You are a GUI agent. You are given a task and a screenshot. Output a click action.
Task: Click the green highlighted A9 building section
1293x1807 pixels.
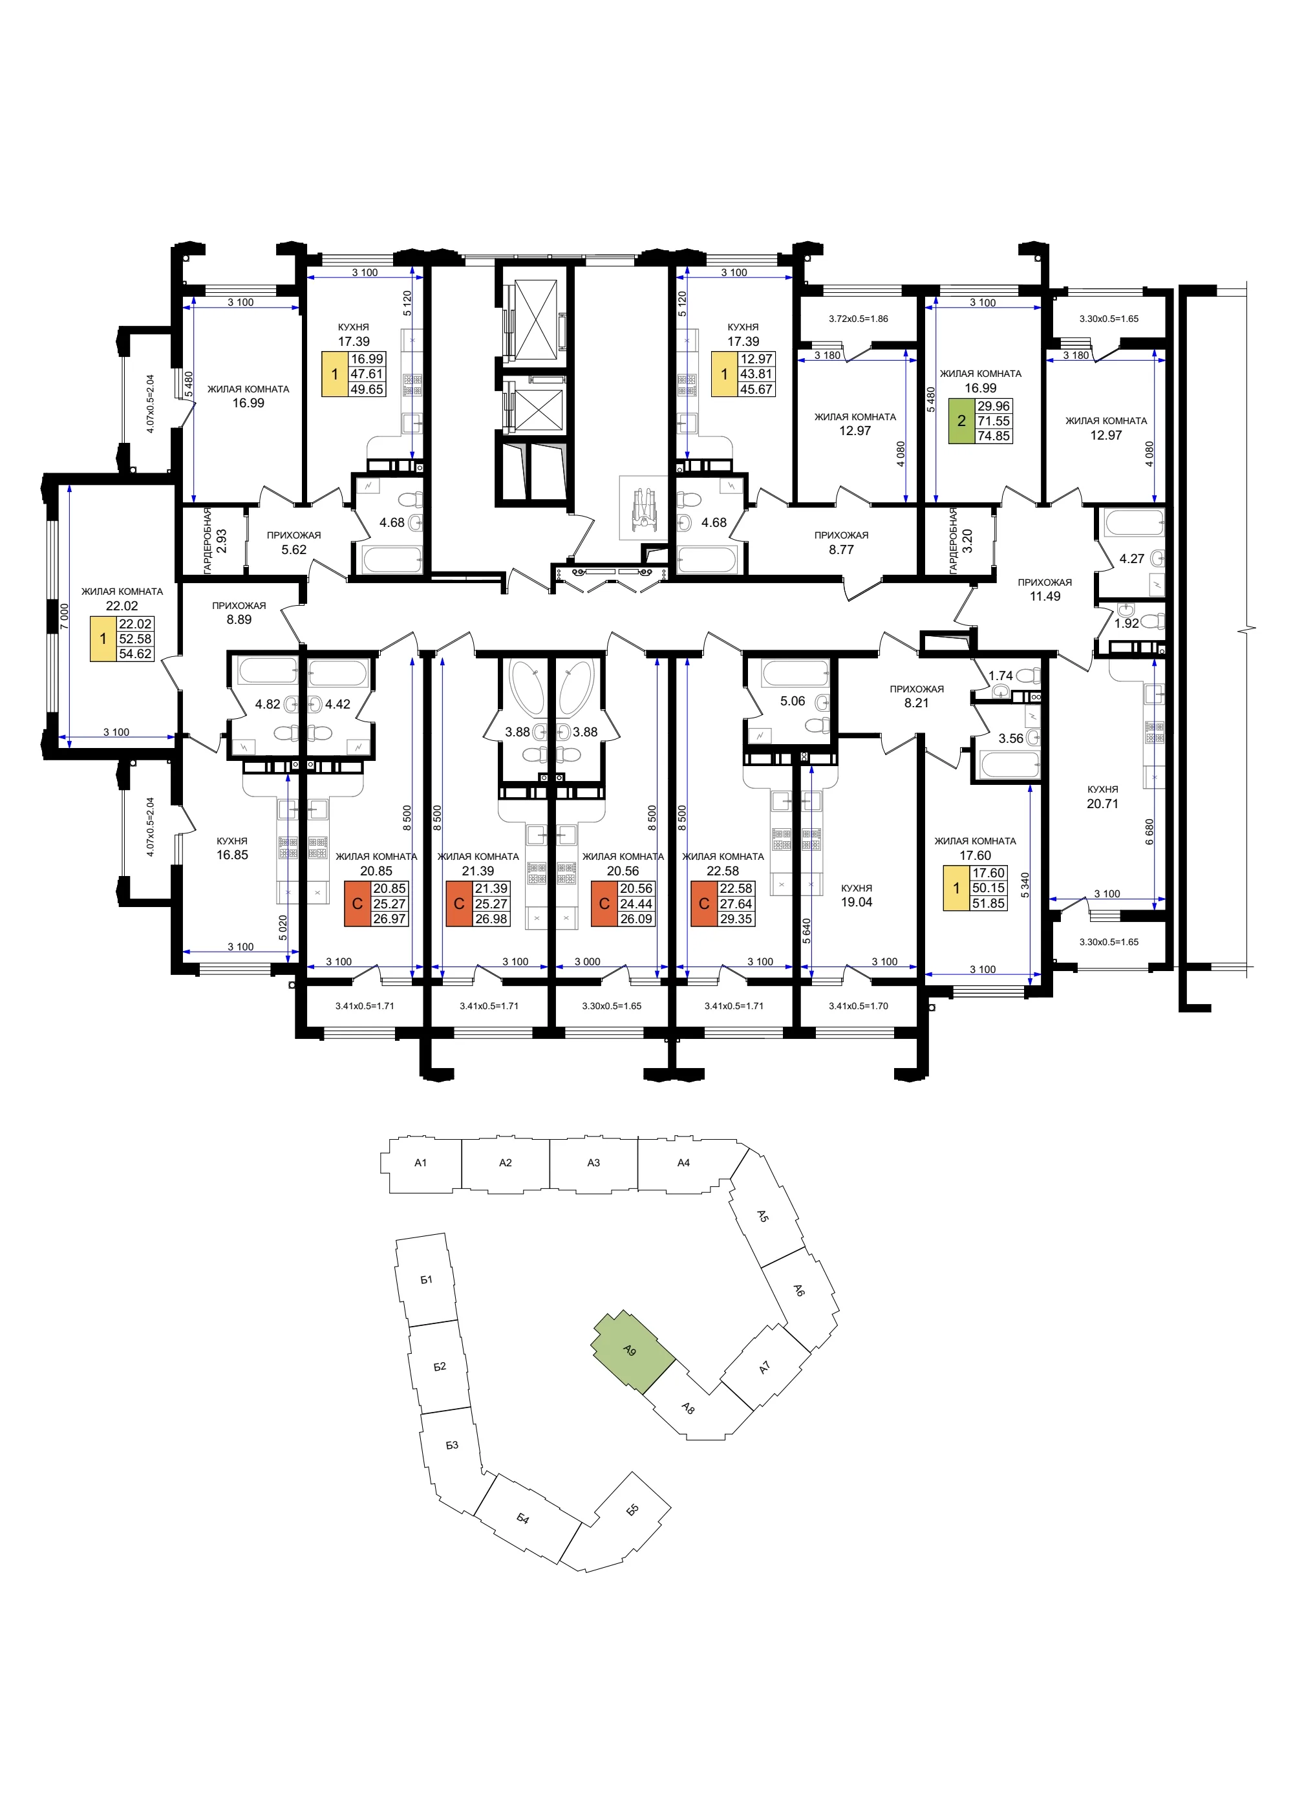632,1351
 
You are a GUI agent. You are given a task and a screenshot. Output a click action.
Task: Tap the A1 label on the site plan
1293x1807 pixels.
420,1162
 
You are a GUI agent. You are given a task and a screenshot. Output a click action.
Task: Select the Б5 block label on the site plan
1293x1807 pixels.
632,1510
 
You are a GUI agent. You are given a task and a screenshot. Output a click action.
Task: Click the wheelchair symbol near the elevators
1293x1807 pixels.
643,510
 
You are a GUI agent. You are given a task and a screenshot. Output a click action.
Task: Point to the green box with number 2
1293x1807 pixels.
961,421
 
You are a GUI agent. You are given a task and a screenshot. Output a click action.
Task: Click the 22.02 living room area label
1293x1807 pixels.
122,606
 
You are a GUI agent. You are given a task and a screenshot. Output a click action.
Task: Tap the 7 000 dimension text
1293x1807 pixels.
65,616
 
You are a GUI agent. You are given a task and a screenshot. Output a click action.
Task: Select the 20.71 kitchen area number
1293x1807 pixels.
1103,804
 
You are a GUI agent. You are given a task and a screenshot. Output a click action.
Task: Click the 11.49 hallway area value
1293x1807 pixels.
1045,596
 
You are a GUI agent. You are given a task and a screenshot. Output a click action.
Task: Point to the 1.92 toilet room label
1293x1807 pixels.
1127,623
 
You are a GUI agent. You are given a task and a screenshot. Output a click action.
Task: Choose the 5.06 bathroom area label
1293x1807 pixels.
792,701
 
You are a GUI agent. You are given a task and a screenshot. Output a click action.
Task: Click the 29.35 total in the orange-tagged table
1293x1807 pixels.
736,919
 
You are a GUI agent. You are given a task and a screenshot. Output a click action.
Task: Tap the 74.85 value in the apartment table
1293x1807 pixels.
993,436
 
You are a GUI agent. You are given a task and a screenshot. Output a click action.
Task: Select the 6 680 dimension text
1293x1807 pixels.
1149,832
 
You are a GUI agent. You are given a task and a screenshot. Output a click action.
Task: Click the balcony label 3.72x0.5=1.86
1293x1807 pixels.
859,319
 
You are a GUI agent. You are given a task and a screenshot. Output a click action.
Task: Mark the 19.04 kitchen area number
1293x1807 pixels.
857,902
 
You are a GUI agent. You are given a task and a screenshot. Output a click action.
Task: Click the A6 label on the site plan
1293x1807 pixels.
799,1290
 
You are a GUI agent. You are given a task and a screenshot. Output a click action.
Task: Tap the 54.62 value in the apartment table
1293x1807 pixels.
135,654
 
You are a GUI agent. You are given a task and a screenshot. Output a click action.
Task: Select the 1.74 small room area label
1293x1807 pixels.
1001,676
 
